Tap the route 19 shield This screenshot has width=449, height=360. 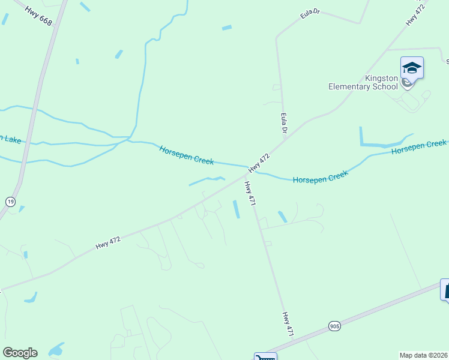point(10,202)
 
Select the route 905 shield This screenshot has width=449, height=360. point(334,326)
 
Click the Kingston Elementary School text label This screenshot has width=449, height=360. point(363,82)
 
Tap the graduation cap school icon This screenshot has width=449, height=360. point(412,67)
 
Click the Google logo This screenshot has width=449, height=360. point(20,353)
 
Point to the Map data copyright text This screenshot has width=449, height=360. point(424,355)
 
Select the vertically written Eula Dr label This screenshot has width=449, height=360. point(284,124)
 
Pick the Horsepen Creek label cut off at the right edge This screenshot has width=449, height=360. point(419,147)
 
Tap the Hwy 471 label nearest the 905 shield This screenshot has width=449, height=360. point(288,323)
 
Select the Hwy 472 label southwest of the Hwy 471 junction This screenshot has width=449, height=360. point(108,242)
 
